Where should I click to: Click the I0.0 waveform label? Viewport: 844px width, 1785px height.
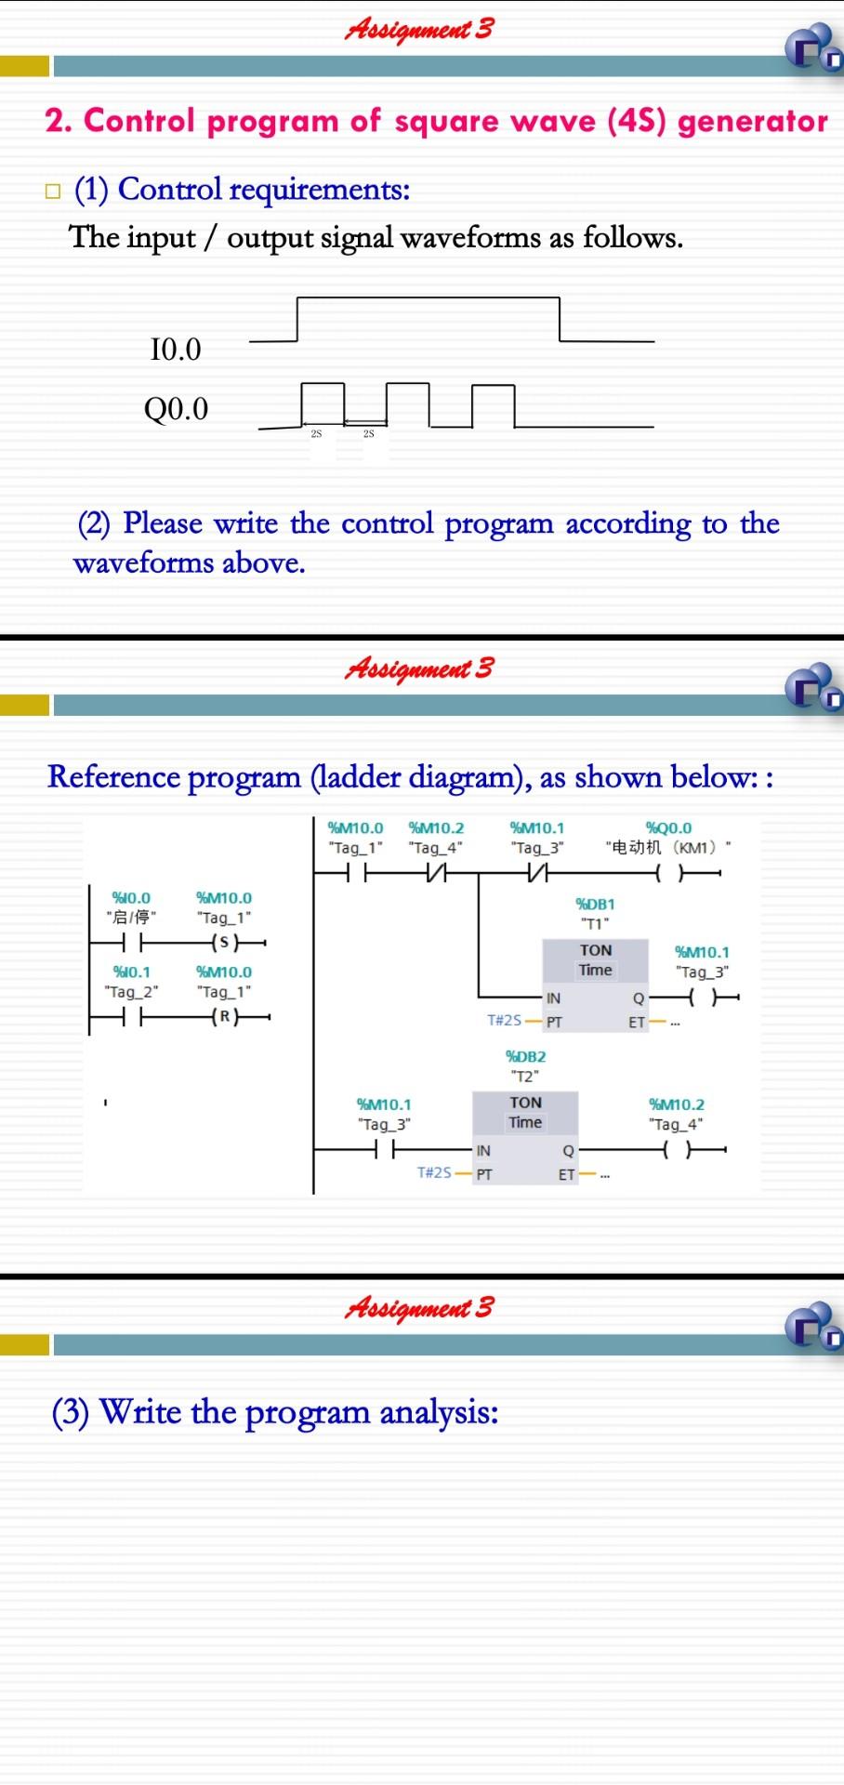[175, 350]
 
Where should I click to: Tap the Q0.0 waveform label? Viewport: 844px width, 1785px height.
[176, 408]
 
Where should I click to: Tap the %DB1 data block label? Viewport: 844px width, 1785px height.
[595, 904]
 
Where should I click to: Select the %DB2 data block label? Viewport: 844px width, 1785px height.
[525, 1056]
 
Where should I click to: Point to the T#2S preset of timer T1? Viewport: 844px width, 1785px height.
[505, 1020]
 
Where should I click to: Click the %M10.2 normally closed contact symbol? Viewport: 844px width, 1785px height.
[435, 874]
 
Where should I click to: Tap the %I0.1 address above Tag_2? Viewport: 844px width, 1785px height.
[131, 972]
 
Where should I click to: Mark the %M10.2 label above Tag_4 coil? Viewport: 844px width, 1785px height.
[677, 1104]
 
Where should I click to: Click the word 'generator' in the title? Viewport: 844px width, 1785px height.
[753, 122]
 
